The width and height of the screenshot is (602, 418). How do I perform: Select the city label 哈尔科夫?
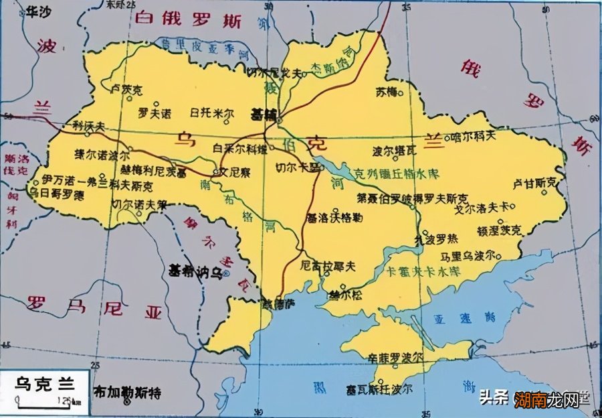point(474,135)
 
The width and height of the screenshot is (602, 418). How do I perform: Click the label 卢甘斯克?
point(534,182)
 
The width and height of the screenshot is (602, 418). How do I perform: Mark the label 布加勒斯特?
point(130,392)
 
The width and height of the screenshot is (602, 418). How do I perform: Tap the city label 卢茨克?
point(127,88)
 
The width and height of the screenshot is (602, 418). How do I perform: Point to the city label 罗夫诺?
point(155,111)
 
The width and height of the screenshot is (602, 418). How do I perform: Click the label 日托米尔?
point(212,112)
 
